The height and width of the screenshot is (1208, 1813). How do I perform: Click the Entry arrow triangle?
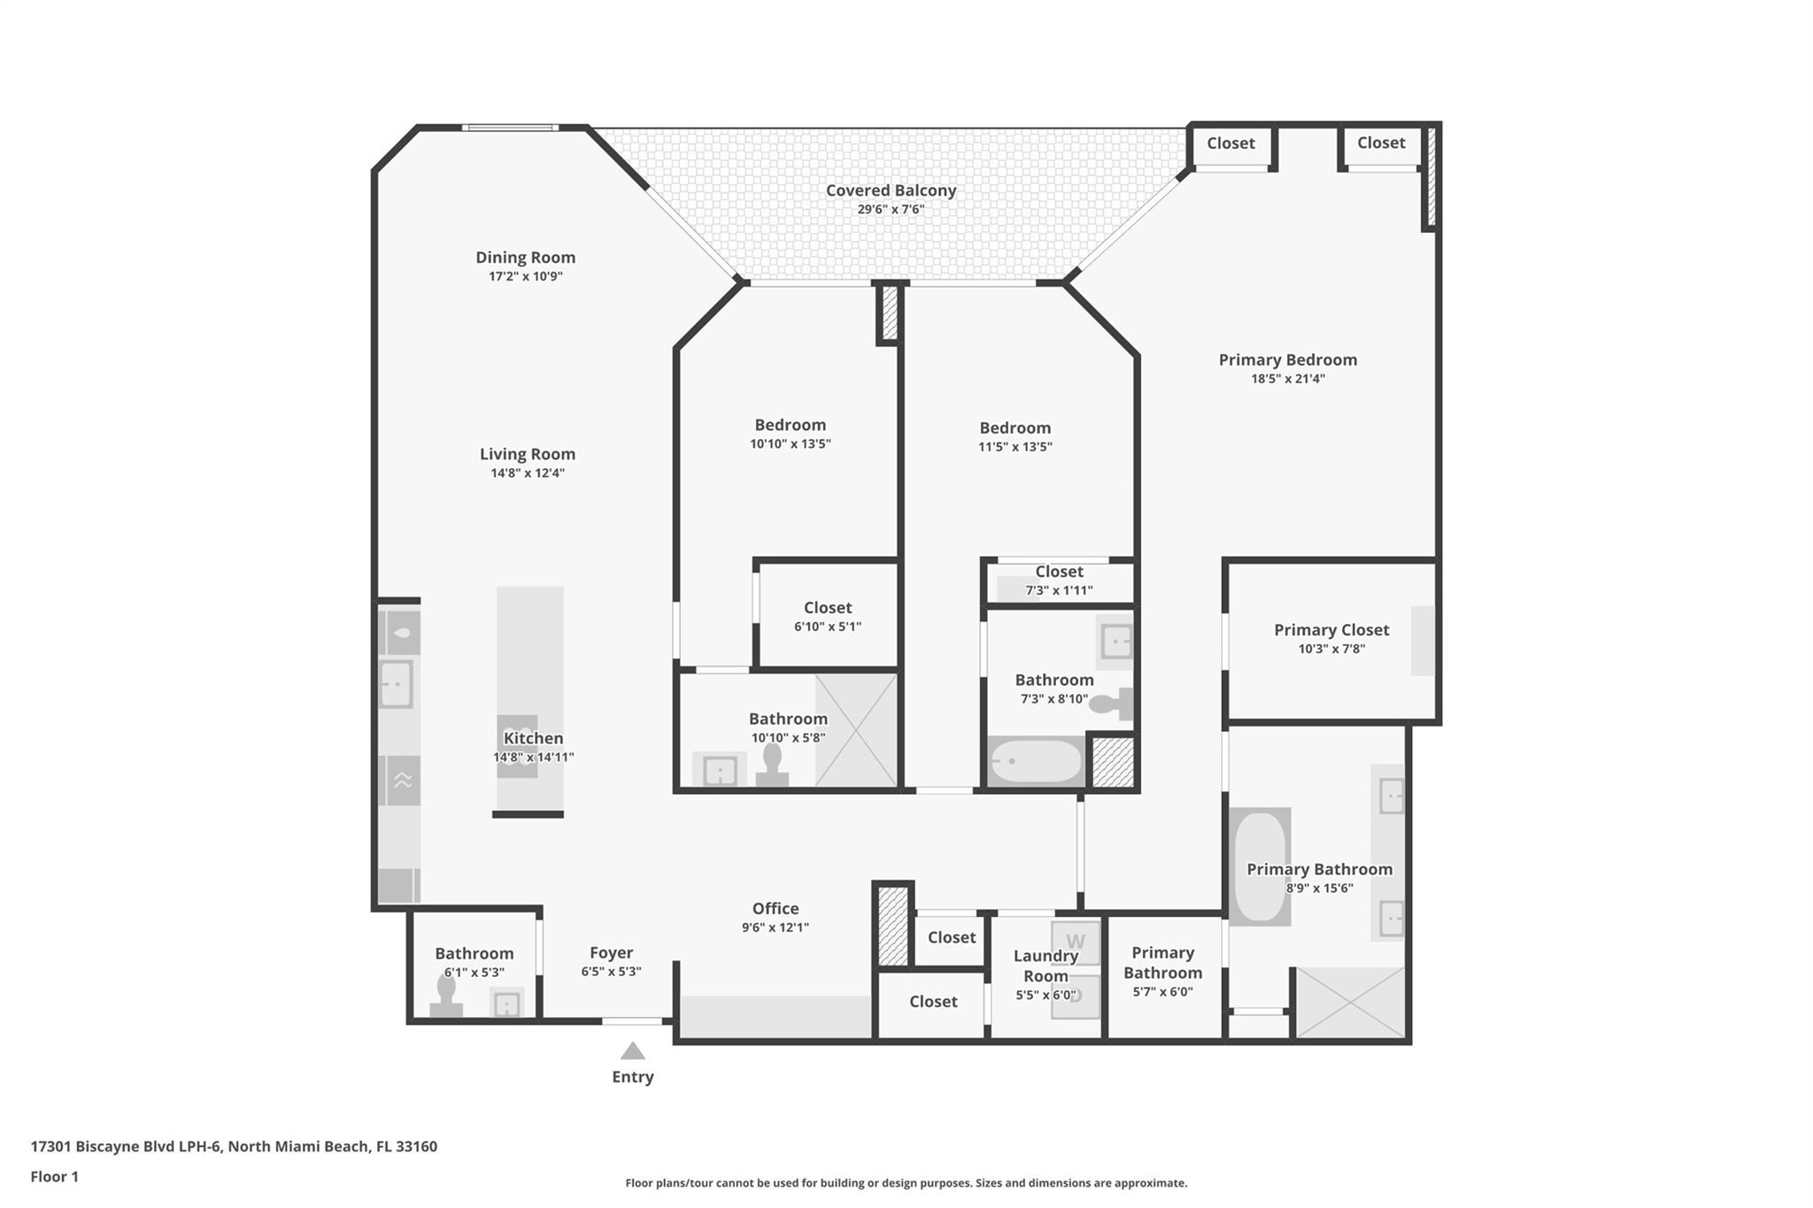pos(632,1050)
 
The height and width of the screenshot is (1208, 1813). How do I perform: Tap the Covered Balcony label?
pos(891,190)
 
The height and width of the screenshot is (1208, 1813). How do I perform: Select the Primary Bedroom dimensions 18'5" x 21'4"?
pos(1287,379)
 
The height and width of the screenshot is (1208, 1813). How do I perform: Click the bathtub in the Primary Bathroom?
pos(1260,866)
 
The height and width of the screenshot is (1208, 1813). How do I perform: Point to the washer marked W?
pos(1076,943)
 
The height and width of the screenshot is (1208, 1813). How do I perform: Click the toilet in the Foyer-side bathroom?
pos(445,999)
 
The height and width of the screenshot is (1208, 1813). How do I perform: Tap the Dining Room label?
pos(525,258)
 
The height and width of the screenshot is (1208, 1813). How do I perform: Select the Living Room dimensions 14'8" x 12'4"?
pos(528,473)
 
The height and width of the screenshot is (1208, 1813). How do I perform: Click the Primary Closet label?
pos(1331,630)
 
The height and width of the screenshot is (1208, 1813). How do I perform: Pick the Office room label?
pos(775,909)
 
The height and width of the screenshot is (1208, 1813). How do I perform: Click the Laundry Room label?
pos(1045,966)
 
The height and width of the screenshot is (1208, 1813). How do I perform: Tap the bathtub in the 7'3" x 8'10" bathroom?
pos(1036,761)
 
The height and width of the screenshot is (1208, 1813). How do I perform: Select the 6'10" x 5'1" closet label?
pos(828,608)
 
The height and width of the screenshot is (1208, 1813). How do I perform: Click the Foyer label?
pos(611,953)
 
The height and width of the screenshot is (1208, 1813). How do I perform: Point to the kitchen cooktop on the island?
pos(517,746)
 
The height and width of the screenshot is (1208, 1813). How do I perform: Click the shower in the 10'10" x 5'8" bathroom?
pos(855,730)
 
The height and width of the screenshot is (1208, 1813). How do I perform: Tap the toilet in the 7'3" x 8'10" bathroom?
pos(1111,704)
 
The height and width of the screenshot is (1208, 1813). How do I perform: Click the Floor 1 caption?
pos(54,1177)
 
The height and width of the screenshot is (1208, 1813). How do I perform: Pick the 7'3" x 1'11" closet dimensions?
pos(1059,591)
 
